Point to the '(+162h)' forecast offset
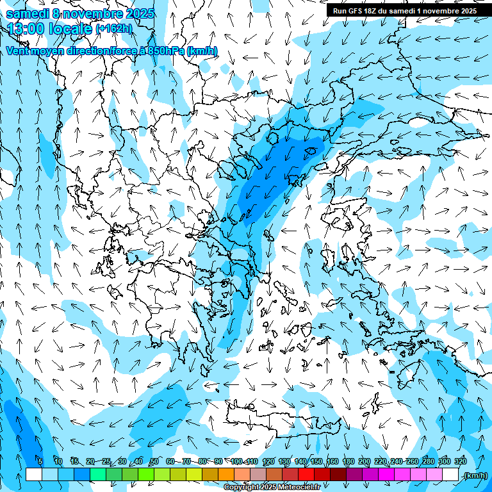[x=114, y=29]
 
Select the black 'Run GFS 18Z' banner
[x=404, y=11]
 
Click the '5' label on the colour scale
[x=40, y=462]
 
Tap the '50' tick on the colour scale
[x=154, y=462]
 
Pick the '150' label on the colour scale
[x=316, y=462]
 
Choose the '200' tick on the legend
[x=365, y=462]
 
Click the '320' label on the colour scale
[x=461, y=462]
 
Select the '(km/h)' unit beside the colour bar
[x=475, y=475]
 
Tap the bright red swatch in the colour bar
[x=306, y=475]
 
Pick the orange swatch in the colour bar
[x=226, y=475]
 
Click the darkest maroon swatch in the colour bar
[x=338, y=475]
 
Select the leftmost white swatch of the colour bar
[x=34, y=475]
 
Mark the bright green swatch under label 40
[x=146, y=475]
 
